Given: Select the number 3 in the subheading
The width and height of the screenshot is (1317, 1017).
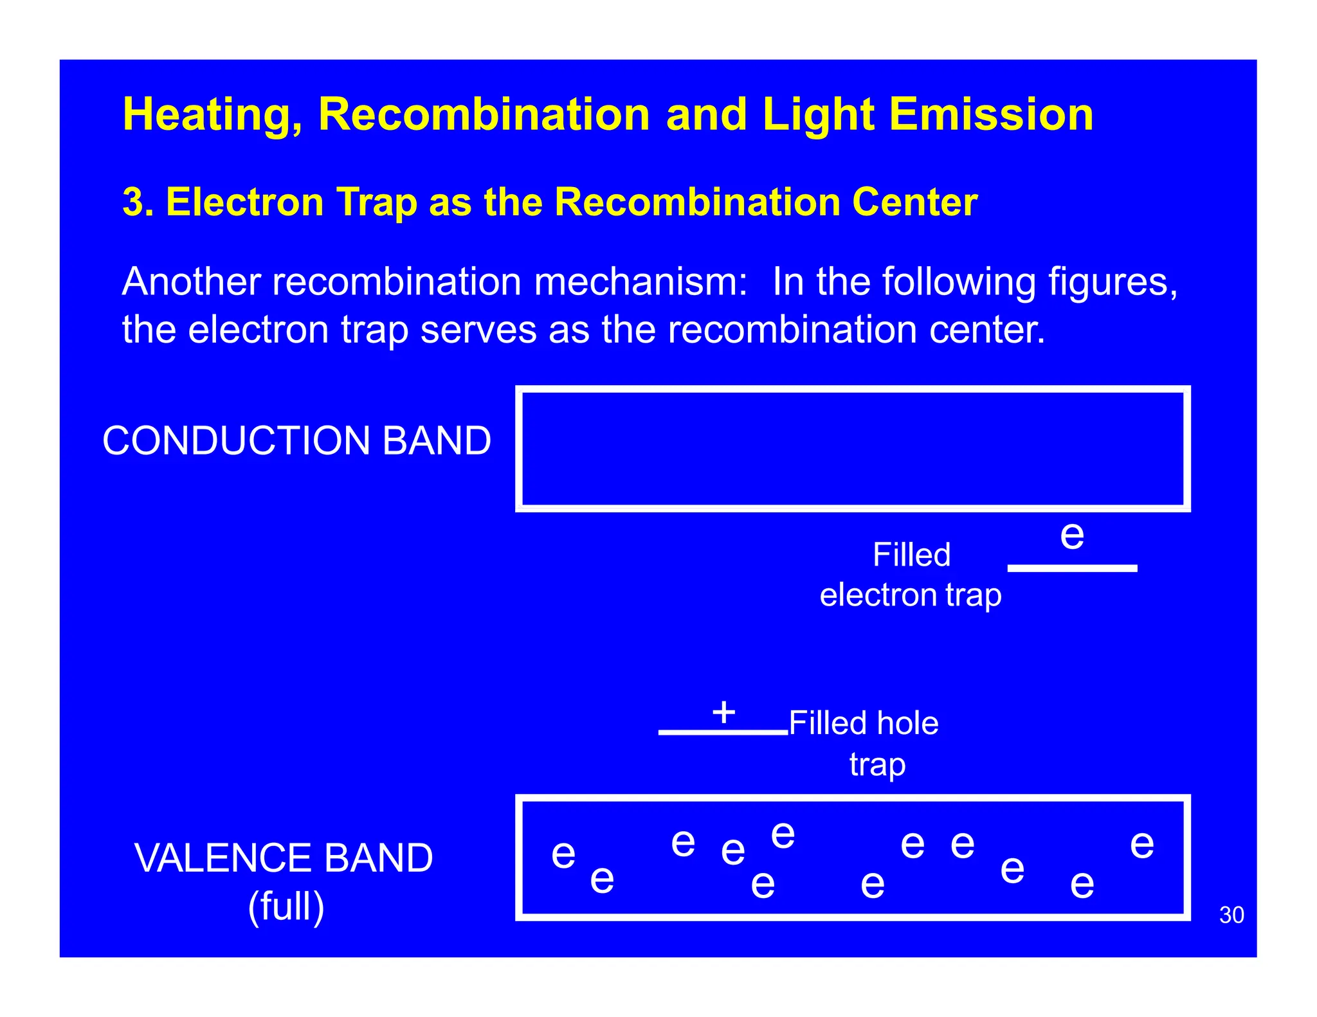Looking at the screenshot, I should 132,202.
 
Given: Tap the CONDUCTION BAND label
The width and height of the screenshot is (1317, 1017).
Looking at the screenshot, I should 296,441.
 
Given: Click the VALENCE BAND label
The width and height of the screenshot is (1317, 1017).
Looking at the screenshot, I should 284,858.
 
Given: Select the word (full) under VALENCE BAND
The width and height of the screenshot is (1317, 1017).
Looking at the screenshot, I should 286,906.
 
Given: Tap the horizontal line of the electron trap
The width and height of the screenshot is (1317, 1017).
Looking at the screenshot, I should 1071,568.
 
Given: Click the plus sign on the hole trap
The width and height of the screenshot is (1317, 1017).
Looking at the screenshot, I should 723,712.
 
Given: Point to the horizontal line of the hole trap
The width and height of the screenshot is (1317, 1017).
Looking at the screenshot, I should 723,732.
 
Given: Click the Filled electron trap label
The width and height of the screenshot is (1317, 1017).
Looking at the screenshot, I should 911,575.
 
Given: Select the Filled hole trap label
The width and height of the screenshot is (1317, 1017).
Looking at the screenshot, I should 864,742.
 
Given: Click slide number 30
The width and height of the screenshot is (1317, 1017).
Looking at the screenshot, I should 1231,915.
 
